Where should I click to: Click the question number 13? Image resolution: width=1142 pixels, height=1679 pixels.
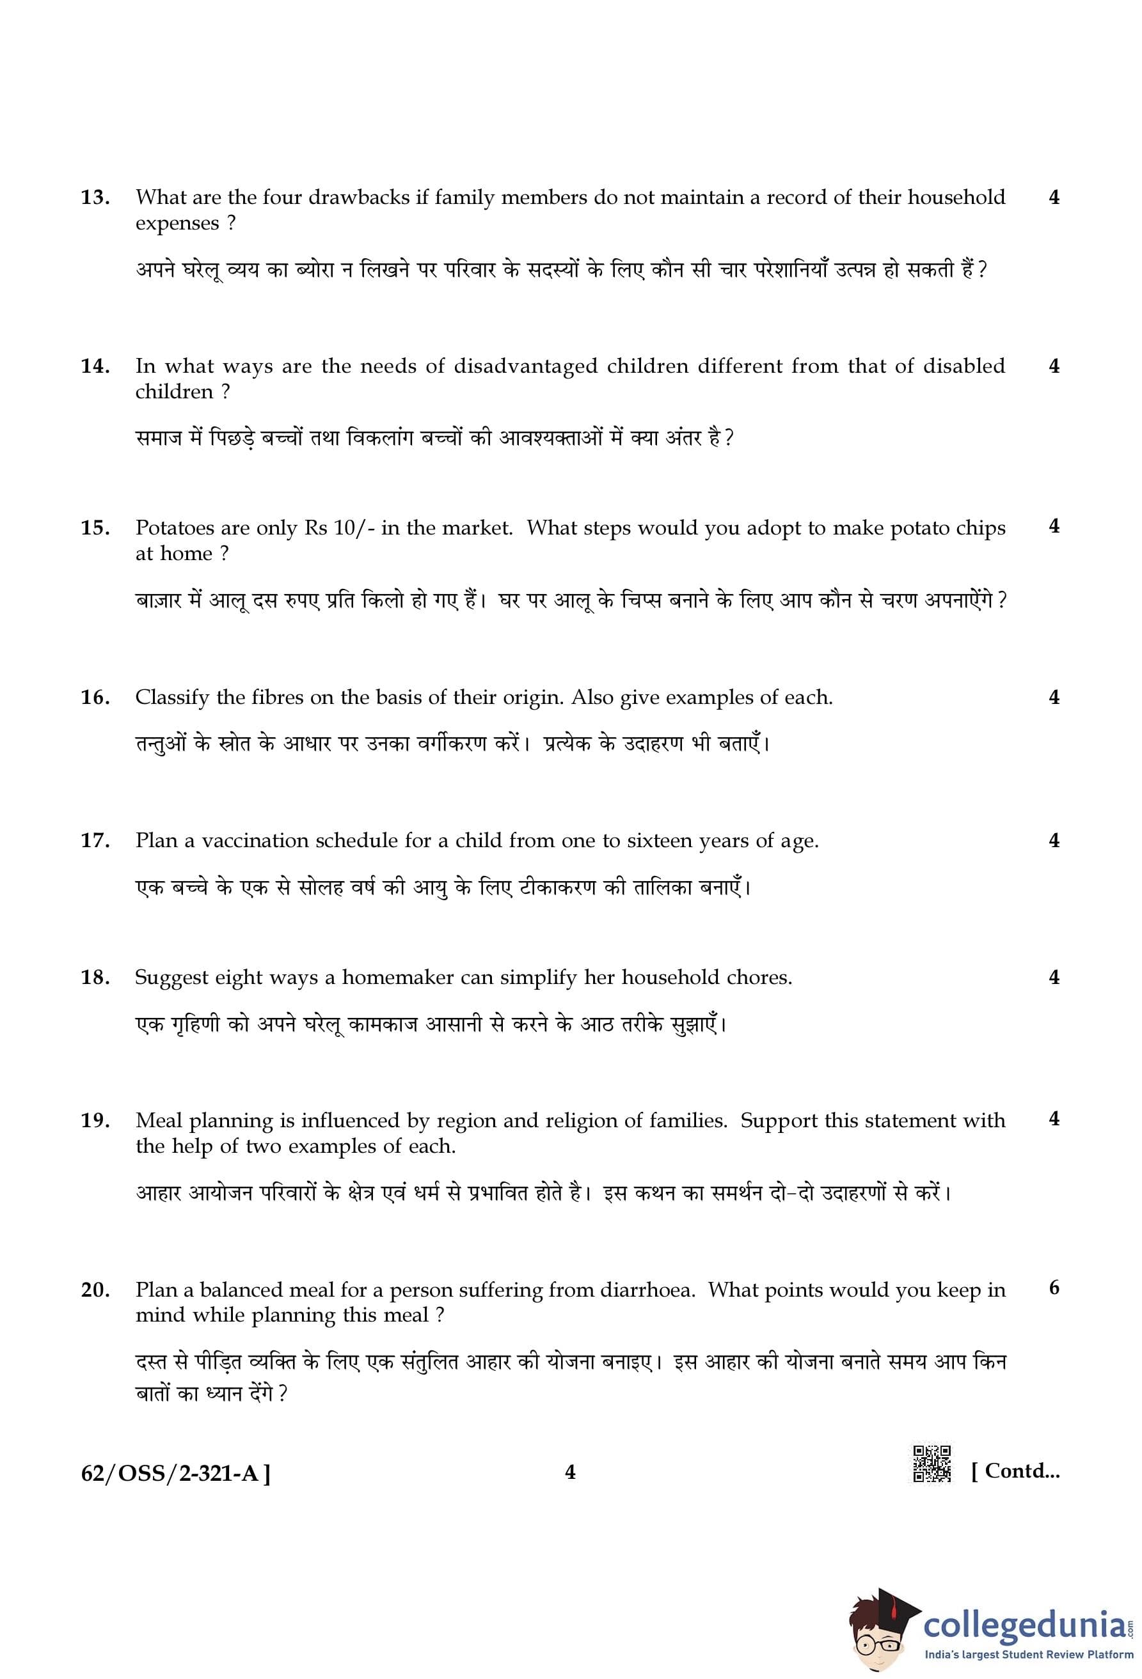tap(95, 197)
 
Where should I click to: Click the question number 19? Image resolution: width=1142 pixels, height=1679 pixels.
tap(95, 1121)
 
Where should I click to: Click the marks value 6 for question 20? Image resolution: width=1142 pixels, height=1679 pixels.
tap(1054, 1288)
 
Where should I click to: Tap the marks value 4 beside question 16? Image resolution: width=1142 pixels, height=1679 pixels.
tap(1054, 697)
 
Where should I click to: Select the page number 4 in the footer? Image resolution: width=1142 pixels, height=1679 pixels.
tap(570, 1472)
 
